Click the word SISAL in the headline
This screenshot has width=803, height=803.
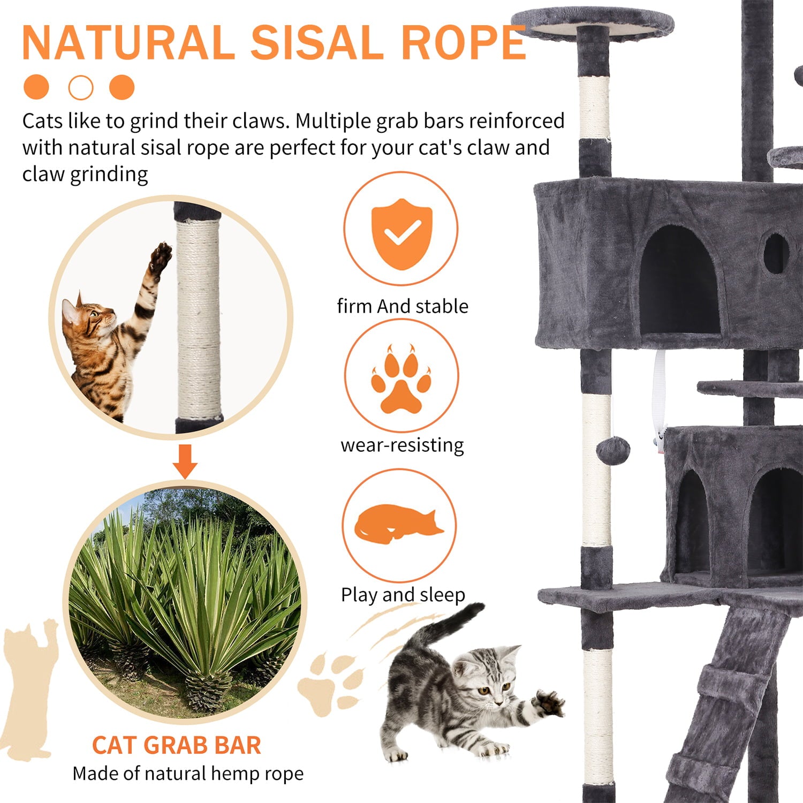[316, 43]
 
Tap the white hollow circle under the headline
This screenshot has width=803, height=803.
[81, 87]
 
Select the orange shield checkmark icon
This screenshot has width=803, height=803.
[401, 233]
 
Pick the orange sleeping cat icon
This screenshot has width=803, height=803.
[398, 524]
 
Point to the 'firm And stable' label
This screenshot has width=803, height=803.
[402, 306]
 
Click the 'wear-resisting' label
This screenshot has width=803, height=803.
[402, 445]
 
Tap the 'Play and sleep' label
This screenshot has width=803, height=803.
[403, 594]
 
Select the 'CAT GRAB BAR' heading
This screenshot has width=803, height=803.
[176, 745]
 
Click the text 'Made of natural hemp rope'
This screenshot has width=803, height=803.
[188, 774]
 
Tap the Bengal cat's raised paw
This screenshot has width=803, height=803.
[160, 257]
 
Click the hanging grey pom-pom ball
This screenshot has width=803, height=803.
[613, 450]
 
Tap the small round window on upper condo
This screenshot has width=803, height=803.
[775, 253]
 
